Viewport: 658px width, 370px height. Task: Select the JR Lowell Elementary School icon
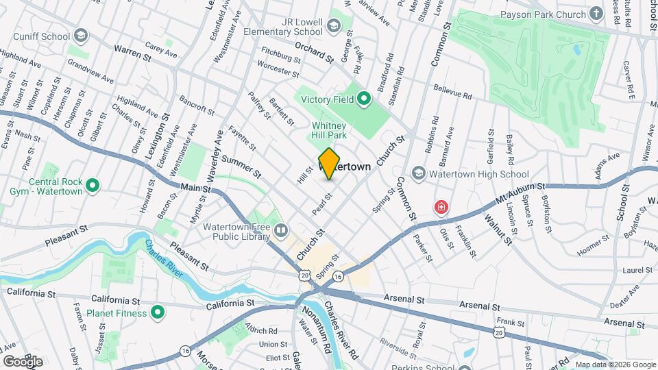tap(334, 26)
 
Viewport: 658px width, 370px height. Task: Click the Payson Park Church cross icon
tap(596, 14)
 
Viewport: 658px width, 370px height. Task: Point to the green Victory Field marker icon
tap(364, 100)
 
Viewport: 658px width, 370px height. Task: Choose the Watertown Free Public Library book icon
tap(280, 230)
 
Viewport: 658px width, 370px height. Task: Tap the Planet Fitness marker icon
tap(158, 313)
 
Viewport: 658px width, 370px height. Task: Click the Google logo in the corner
tap(23, 361)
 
